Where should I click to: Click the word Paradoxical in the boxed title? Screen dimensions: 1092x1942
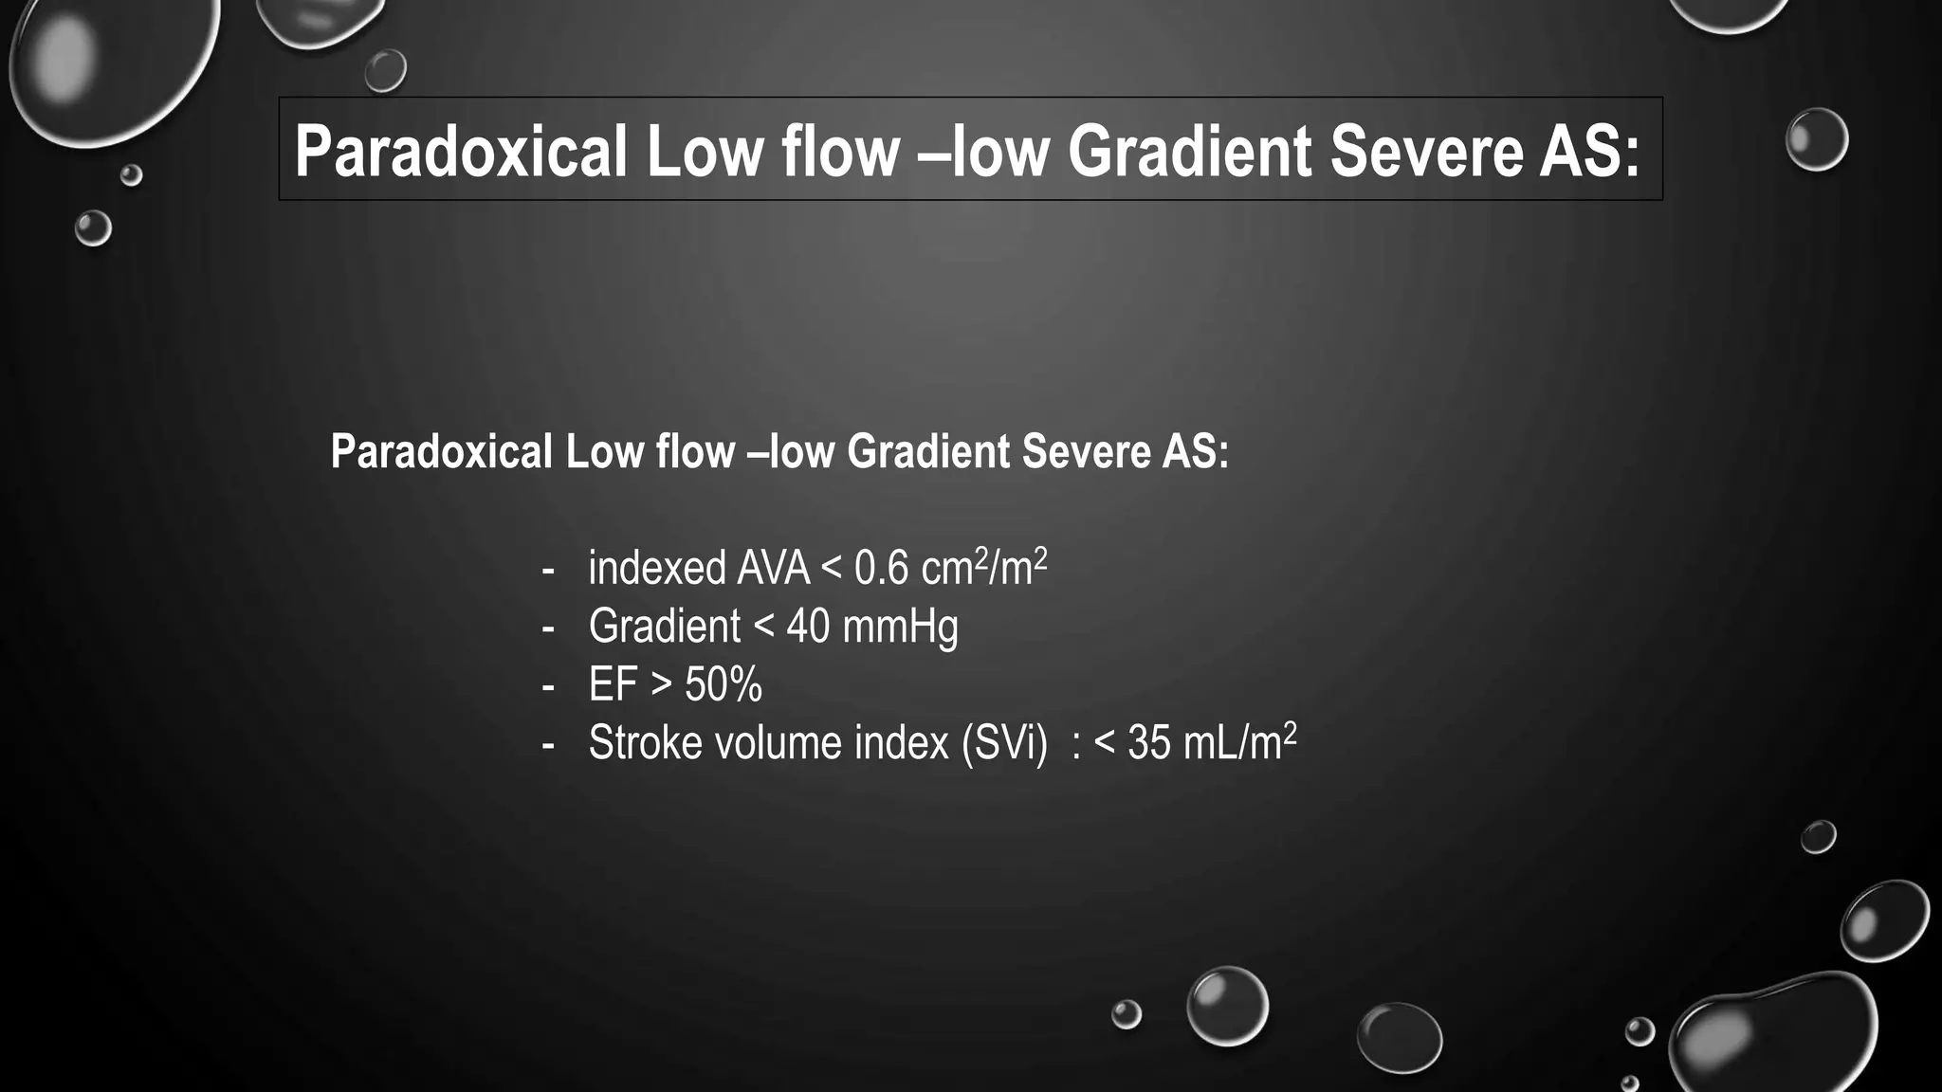point(461,152)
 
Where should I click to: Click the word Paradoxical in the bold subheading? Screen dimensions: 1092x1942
point(441,451)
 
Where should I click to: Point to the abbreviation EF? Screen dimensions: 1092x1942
point(613,685)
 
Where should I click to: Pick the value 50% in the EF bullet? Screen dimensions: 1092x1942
point(724,685)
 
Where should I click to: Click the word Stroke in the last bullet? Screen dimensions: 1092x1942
point(645,743)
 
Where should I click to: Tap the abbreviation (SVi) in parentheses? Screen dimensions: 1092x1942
point(1004,743)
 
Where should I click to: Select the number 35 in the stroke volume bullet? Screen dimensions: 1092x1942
point(1149,743)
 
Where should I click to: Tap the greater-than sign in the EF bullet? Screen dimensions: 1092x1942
point(661,685)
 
